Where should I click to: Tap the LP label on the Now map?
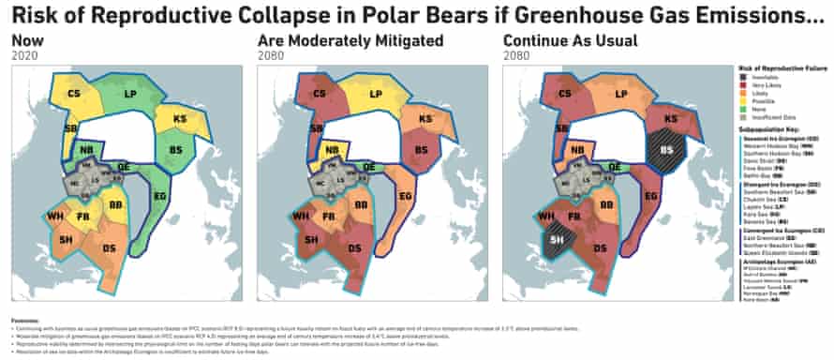coord(132,95)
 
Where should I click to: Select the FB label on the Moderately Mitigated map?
coord(330,217)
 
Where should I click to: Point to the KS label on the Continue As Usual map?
coord(671,120)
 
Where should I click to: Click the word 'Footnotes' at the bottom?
coord(23,320)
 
